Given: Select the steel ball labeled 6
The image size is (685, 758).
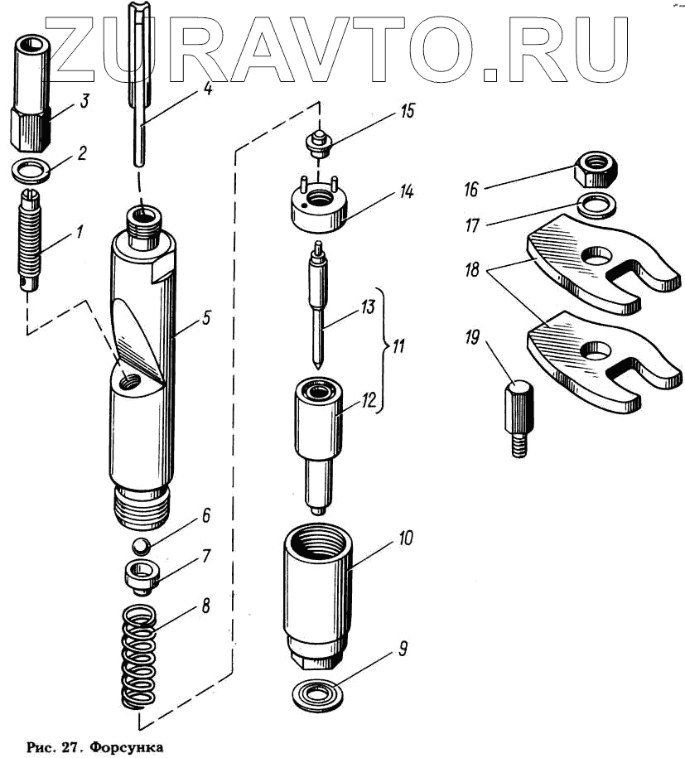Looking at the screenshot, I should pos(142,548).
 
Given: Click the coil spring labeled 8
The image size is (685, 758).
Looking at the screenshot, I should pos(137,658).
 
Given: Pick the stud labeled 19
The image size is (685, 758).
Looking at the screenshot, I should pos(516,413).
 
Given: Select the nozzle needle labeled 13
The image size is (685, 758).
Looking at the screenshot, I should pos(317,306).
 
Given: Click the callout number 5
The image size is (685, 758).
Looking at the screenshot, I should pos(207,317).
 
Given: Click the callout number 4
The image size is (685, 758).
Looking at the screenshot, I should pos(207,88).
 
